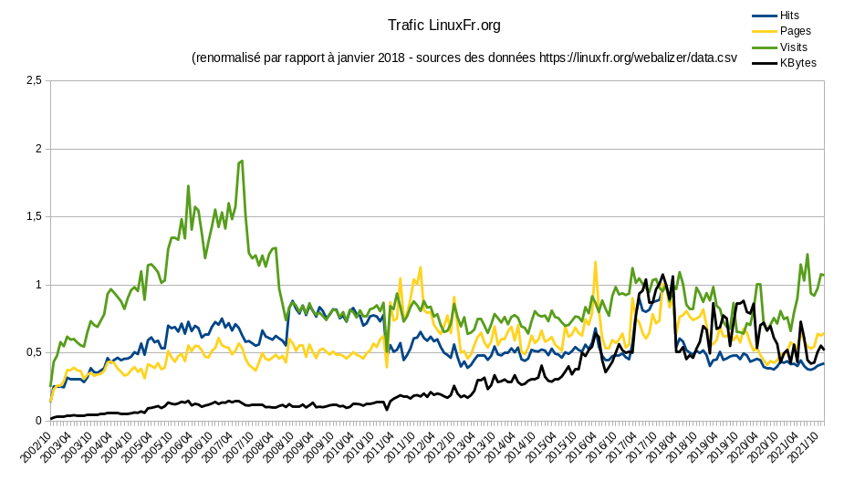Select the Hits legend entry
point(789,16)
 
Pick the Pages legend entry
point(795,31)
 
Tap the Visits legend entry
point(793,47)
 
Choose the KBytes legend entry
point(797,63)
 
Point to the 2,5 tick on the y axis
point(33,80)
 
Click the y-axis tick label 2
point(38,149)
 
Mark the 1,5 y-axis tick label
point(33,216)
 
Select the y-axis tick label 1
point(38,285)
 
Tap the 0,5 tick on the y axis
point(33,352)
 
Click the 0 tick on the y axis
point(38,421)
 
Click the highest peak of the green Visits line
point(241,161)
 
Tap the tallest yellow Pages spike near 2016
point(596,263)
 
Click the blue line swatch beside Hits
point(764,16)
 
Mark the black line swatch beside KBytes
point(764,63)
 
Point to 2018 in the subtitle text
point(389,58)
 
